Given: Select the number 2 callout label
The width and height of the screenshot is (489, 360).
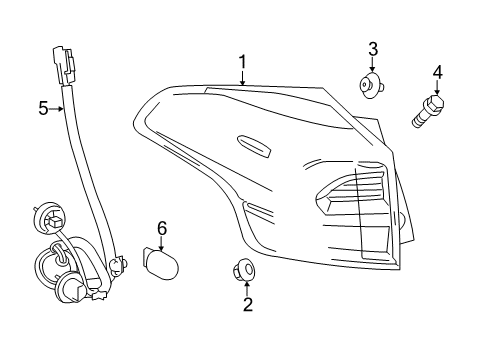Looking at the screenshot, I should pos(246,304).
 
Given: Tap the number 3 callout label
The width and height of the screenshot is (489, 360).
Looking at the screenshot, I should pos(372,49).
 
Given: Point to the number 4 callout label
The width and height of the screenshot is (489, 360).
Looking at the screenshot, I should pos(436,71).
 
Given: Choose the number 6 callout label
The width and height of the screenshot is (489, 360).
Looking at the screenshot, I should pos(162,229).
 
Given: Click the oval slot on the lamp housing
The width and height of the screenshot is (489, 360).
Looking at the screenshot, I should pos(254,146).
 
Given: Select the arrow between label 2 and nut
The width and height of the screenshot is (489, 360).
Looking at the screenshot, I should pos(246,287).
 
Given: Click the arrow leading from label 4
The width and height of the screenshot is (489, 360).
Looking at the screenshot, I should pos(435,87).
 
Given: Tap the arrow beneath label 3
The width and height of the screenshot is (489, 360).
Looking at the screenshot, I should pos(373,64).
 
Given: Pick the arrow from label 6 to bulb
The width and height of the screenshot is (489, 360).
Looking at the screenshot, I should pos(162,243).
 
